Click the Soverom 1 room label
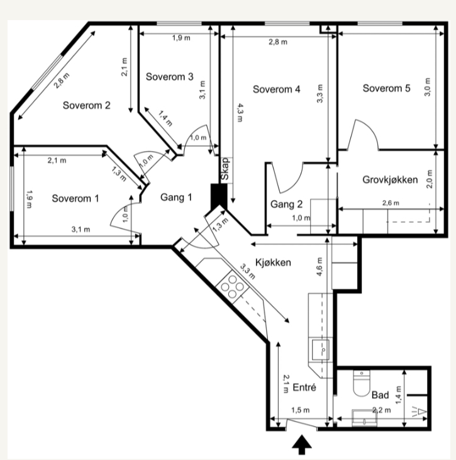point(75,199)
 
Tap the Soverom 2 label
point(87,105)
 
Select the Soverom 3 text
point(169,77)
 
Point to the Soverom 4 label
point(277,89)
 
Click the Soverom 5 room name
point(387,88)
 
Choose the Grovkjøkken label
point(390,179)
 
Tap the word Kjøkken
point(273,262)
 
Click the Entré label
point(304,388)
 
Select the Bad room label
point(380,395)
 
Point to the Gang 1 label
point(176,197)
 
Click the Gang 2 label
point(286,204)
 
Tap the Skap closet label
point(225,169)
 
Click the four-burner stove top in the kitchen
point(232,286)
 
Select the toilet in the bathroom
point(362,383)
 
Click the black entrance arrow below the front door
point(302,445)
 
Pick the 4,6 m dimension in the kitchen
point(320,266)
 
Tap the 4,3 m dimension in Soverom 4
point(240,113)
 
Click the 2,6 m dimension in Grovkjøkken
point(391,203)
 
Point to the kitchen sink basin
point(320,350)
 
